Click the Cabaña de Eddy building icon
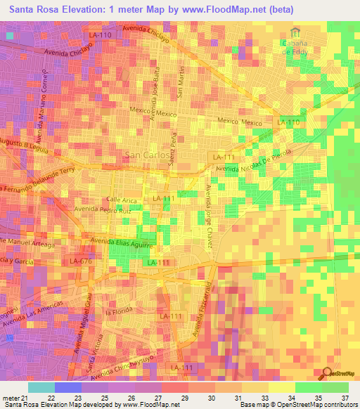(296, 32)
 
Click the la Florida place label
(119, 311)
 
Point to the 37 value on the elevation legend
(344, 398)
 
